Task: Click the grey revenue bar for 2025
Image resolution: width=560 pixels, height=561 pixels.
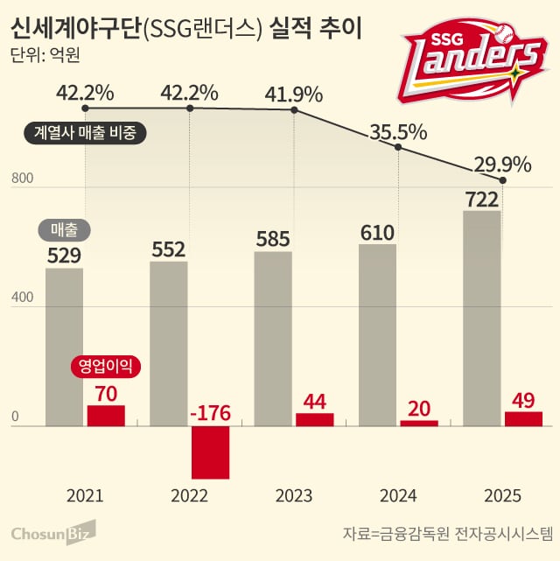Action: pyautogui.click(x=481, y=319)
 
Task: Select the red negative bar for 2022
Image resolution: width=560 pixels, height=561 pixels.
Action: pyautogui.click(x=210, y=452)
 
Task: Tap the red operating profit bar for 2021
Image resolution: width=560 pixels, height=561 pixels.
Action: pyautogui.click(x=106, y=416)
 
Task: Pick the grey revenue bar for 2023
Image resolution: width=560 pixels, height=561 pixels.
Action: pyautogui.click(x=273, y=339)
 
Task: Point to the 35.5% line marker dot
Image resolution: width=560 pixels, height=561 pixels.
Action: pyautogui.click(x=398, y=147)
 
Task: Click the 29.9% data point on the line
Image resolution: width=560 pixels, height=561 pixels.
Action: pyautogui.click(x=502, y=180)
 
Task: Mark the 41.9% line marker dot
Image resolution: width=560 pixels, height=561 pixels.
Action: pyautogui.click(x=294, y=110)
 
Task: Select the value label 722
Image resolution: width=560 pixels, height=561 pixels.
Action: pyautogui.click(x=481, y=200)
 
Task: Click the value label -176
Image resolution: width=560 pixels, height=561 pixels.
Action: pyautogui.click(x=210, y=413)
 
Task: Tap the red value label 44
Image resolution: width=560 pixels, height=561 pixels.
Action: pyautogui.click(x=315, y=402)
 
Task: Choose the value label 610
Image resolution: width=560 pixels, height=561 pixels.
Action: pyautogui.click(x=377, y=233)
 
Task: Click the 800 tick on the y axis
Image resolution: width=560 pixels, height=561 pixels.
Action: pyautogui.click(x=22, y=179)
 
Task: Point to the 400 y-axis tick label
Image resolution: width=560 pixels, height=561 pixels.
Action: pyautogui.click(x=22, y=298)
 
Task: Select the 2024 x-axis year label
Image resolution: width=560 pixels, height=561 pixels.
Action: pyautogui.click(x=398, y=496)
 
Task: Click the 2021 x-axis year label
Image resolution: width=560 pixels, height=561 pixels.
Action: pyautogui.click(x=85, y=496)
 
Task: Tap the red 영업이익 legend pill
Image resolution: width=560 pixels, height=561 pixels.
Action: pyautogui.click(x=106, y=367)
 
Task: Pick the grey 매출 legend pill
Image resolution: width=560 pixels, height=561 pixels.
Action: pyautogui.click(x=65, y=229)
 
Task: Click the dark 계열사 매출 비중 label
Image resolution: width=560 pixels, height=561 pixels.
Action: pyautogui.click(x=85, y=133)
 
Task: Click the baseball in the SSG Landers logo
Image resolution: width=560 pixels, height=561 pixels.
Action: pyautogui.click(x=504, y=33)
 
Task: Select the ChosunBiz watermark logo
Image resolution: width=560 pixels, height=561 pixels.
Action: pyautogui.click(x=53, y=533)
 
